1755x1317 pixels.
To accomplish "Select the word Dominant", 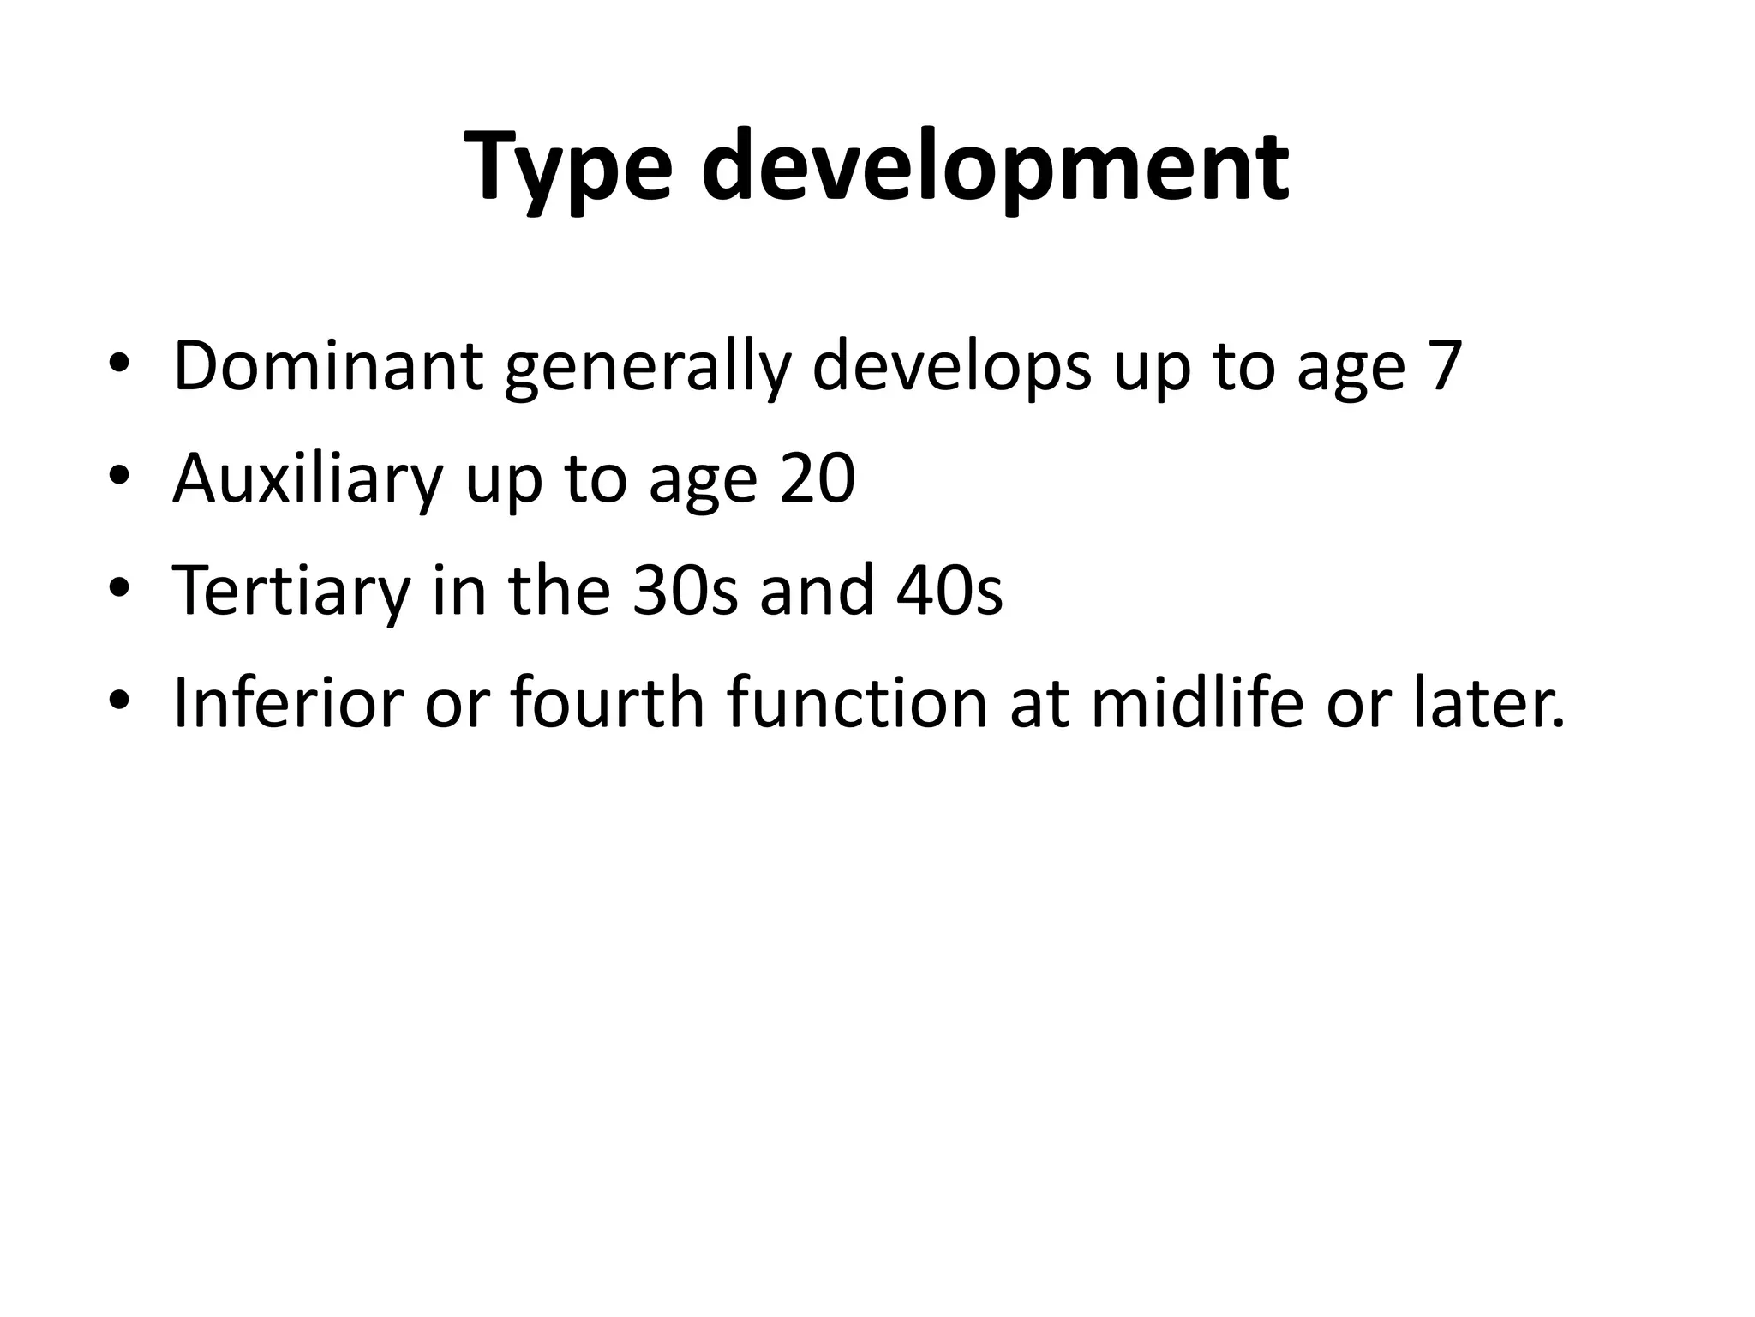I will [328, 366].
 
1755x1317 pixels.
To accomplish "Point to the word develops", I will [952, 366].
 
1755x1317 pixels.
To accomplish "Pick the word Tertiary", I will [291, 591].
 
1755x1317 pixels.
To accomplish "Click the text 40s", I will [949, 591].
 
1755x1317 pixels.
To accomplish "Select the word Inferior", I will [288, 703].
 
